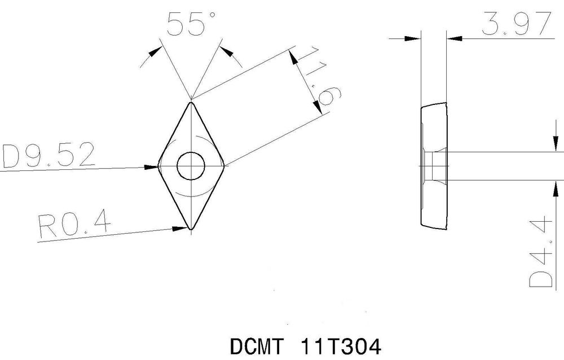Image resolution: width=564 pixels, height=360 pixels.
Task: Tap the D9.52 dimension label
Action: coord(49,156)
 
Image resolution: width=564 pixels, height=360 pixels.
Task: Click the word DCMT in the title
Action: coord(257,345)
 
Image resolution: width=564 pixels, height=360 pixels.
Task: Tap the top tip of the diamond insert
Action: coord(191,102)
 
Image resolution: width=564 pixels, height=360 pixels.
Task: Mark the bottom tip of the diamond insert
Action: coord(191,230)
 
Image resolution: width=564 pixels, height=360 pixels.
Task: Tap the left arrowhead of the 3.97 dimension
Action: coord(414,38)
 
